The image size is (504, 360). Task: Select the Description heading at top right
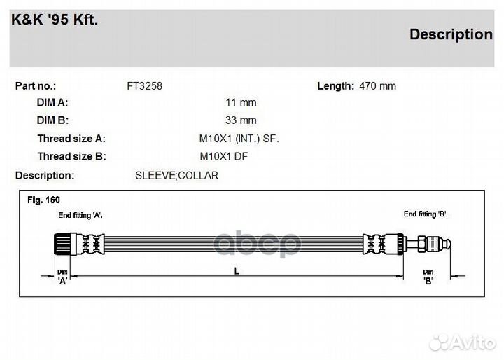tap(451, 34)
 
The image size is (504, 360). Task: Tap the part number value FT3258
tap(144, 86)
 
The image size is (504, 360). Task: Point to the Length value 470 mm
tap(377, 86)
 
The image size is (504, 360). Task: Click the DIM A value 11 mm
tap(241, 103)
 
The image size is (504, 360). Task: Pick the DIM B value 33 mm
tap(241, 120)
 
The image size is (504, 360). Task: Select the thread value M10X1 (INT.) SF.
tap(239, 139)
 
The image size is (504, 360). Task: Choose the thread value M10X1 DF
tap(224, 156)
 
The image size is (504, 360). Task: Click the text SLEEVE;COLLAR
tap(176, 175)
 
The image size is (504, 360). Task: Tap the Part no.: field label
tap(36, 86)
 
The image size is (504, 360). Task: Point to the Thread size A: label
tap(71, 139)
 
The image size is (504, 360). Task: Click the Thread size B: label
tap(71, 156)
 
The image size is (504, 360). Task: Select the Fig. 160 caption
tap(43, 200)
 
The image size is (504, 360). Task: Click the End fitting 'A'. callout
tap(80, 214)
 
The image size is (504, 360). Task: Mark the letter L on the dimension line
tap(237, 272)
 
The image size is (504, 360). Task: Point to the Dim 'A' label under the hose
tap(62, 277)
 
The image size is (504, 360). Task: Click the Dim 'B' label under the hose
tap(428, 277)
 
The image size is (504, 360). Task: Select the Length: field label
tap(335, 86)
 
